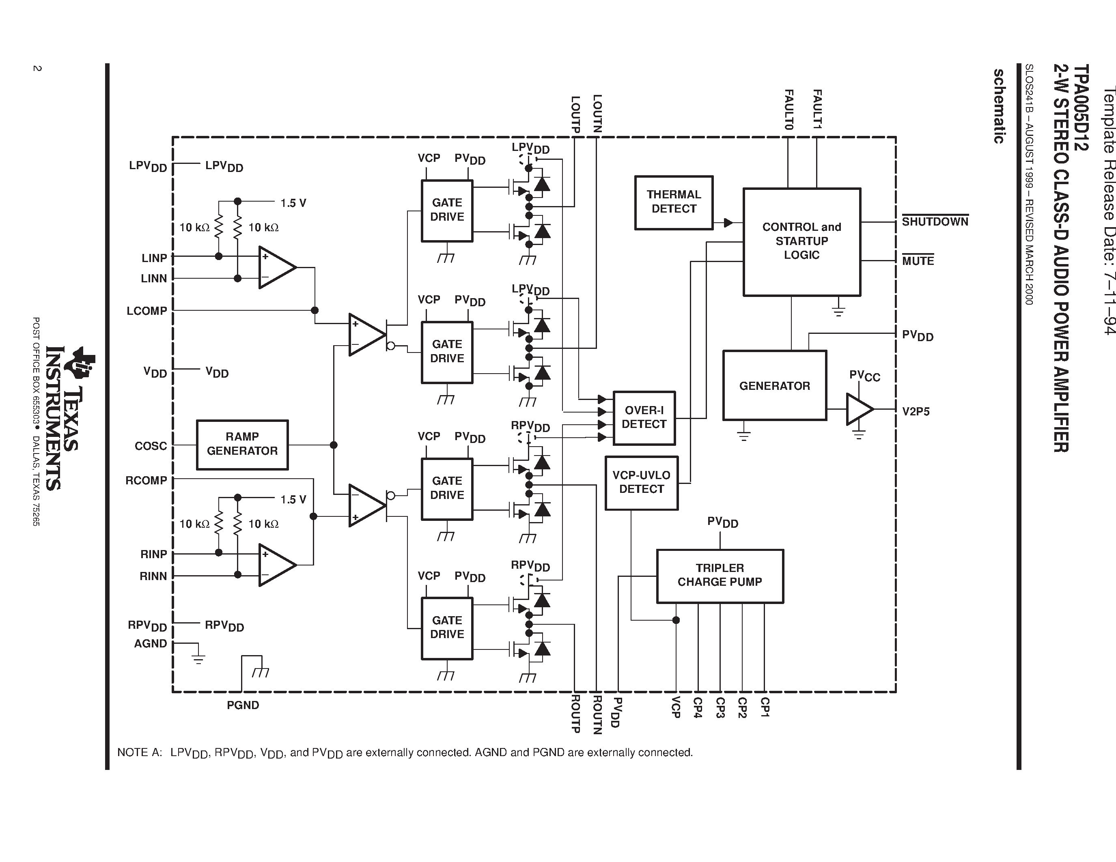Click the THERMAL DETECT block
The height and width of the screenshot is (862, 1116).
(x=674, y=202)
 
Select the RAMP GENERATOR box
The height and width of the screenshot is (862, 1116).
(x=242, y=444)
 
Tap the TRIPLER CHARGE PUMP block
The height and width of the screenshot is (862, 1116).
(x=720, y=576)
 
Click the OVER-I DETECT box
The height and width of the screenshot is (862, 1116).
(x=644, y=418)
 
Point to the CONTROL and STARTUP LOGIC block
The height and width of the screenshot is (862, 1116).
(x=801, y=241)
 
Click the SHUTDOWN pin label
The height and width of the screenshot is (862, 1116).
(x=935, y=221)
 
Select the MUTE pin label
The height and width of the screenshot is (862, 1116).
(x=918, y=261)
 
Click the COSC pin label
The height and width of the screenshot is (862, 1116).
(x=151, y=446)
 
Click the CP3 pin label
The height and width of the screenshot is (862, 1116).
(x=720, y=708)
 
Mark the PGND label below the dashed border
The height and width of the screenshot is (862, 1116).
(x=243, y=705)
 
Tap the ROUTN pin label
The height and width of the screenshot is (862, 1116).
(x=596, y=715)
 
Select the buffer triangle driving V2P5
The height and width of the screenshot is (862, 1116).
(x=858, y=409)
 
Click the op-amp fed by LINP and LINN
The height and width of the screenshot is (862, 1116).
(x=276, y=267)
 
